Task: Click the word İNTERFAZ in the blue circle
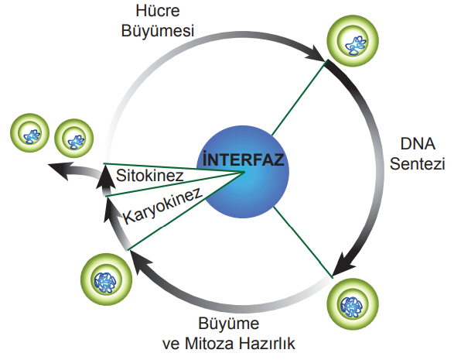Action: tap(244, 159)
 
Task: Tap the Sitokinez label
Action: tap(149, 176)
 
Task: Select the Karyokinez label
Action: tap(162, 205)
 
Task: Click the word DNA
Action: tap(418, 144)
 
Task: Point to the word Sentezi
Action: tap(417, 163)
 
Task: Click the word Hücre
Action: tap(158, 11)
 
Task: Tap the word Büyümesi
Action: tap(158, 31)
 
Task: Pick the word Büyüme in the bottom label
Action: tap(229, 324)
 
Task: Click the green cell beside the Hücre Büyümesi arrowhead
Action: tap(353, 41)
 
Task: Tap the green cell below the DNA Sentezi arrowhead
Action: tap(353, 304)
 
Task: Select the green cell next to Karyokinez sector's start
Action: tap(106, 279)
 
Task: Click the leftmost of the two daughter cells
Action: tap(29, 132)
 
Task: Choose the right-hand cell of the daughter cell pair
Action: tap(74, 139)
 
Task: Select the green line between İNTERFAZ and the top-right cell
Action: tap(299, 98)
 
